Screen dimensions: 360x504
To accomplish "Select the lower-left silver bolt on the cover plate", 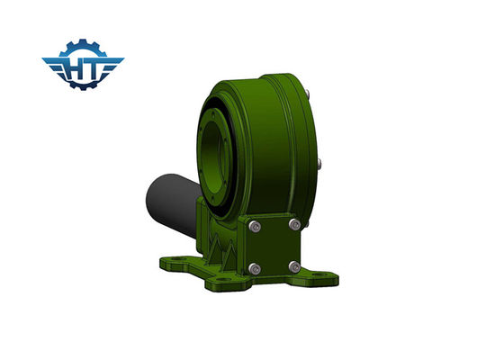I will (257, 267).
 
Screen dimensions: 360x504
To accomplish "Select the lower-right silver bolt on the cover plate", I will (294, 265).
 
